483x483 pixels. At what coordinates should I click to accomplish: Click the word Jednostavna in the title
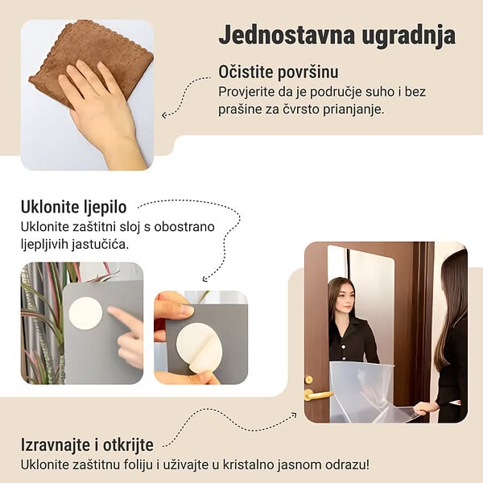(287, 35)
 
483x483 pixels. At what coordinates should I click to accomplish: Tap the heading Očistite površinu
(279, 72)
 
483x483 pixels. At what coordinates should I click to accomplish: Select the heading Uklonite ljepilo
(73, 208)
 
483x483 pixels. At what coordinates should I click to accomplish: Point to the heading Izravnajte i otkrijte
(87, 445)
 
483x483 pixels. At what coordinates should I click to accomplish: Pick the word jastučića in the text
(101, 245)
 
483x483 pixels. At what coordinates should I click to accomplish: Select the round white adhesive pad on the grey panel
(85, 313)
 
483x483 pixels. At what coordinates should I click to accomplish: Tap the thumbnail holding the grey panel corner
(187, 311)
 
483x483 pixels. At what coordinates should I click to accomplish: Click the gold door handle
(316, 394)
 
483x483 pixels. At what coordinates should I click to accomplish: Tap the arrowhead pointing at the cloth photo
(164, 115)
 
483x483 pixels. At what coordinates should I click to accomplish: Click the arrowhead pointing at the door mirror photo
(294, 415)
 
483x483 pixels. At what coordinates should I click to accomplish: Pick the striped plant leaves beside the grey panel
(43, 324)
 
